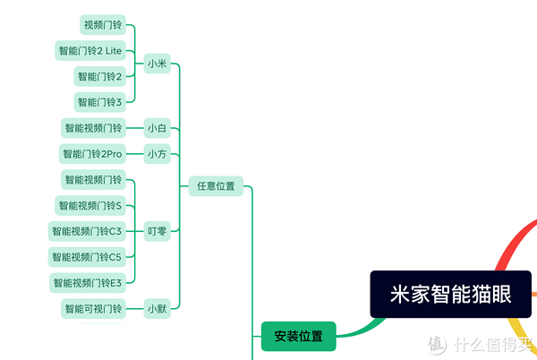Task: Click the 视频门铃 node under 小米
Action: pyautogui.click(x=102, y=24)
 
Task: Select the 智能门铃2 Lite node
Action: pyautogui.click(x=89, y=51)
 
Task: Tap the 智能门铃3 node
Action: pyautogui.click(x=99, y=102)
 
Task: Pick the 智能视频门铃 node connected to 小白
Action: pyautogui.click(x=93, y=128)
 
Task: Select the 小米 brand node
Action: pyautogui.click(x=158, y=64)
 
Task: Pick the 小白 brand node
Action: pyautogui.click(x=158, y=128)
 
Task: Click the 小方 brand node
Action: pyautogui.click(x=158, y=154)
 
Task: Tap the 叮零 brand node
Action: pyautogui.click(x=158, y=231)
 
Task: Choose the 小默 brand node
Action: pyautogui.click(x=158, y=309)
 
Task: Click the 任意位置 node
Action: pyautogui.click(x=216, y=186)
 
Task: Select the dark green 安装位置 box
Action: pyautogui.click(x=298, y=337)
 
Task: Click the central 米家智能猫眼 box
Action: pyautogui.click(x=451, y=295)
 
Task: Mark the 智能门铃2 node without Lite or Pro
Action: pyautogui.click(x=99, y=77)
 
